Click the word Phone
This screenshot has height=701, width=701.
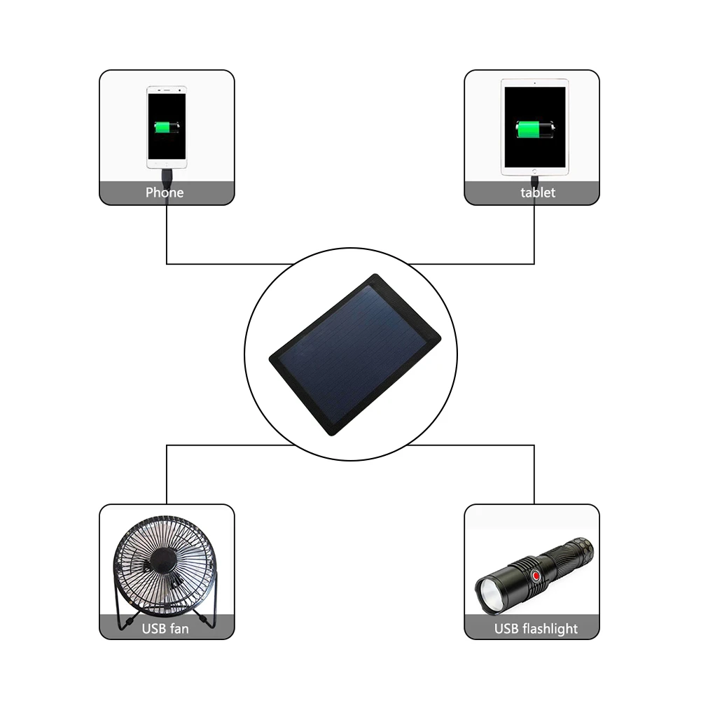coord(165,193)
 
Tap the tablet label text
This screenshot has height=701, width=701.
coord(537,193)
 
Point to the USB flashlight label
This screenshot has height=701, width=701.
coord(536,629)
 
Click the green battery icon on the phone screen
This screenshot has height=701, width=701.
coord(167,128)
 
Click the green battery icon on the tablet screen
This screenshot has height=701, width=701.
coord(535,130)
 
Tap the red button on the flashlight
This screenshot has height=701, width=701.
coord(535,577)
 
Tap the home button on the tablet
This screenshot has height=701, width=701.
coord(534,170)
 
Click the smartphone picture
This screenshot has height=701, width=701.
coord(167,126)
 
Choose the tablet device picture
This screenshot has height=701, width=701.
coord(534,126)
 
